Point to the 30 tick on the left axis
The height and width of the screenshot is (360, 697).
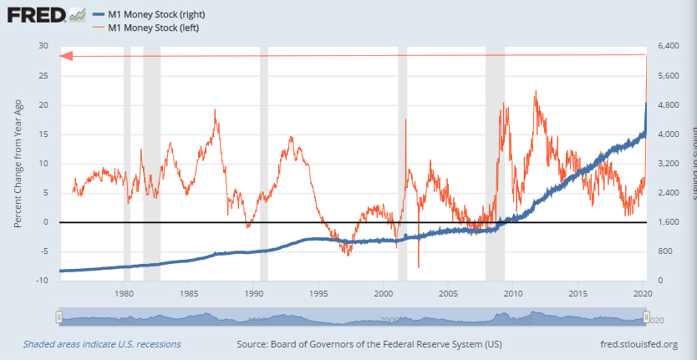(43, 46)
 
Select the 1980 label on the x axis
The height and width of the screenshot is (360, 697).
(124, 294)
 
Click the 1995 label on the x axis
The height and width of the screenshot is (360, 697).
(318, 294)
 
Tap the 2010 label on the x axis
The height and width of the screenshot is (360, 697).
(512, 294)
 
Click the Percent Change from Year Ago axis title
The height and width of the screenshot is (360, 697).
(18, 164)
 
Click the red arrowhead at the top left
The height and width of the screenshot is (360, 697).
(67, 56)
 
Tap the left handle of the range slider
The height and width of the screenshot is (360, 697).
(59, 317)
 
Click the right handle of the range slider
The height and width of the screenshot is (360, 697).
(646, 317)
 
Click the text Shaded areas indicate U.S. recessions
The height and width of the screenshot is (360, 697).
(102, 344)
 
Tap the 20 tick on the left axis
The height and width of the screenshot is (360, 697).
(43, 105)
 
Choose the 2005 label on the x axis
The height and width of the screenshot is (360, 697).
(448, 294)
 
